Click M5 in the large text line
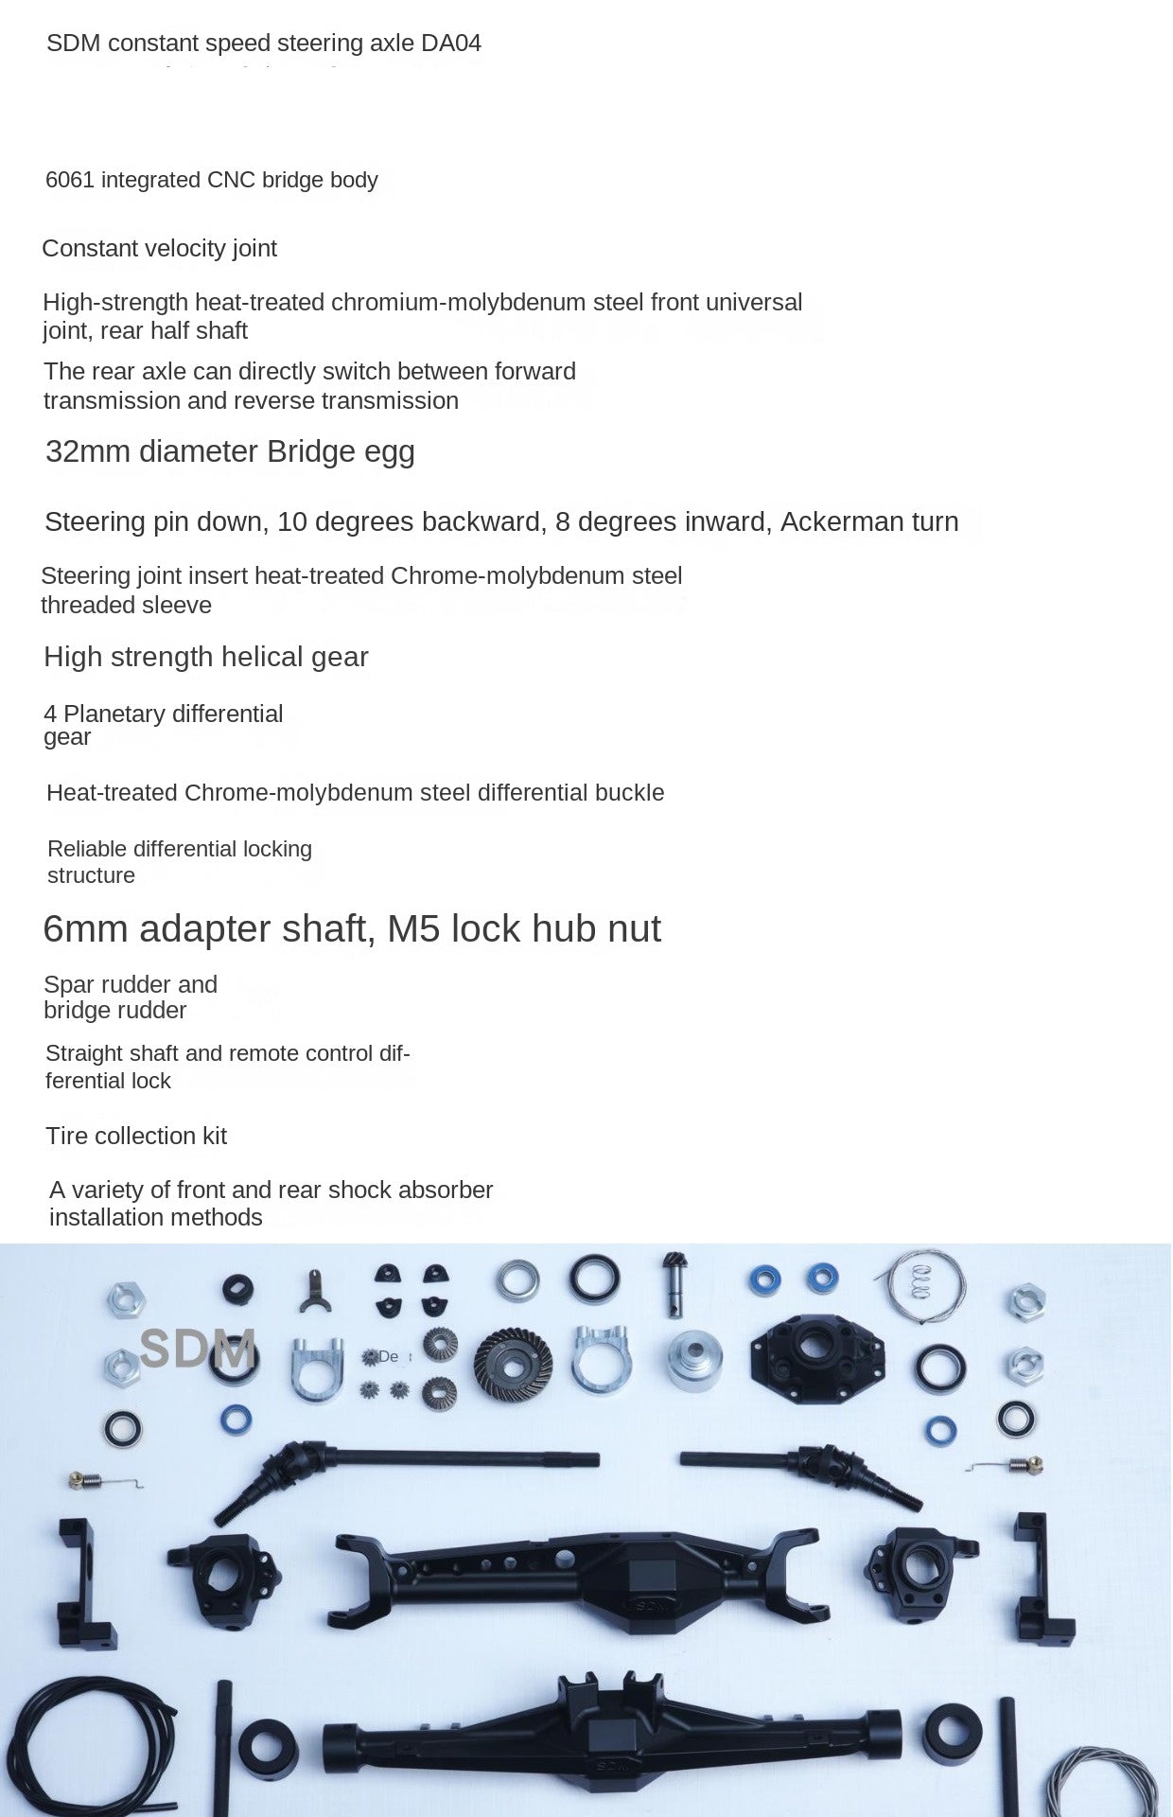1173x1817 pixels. [413, 929]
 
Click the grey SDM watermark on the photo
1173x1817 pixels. [198, 1348]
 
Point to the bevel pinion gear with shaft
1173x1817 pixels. [675, 1282]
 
